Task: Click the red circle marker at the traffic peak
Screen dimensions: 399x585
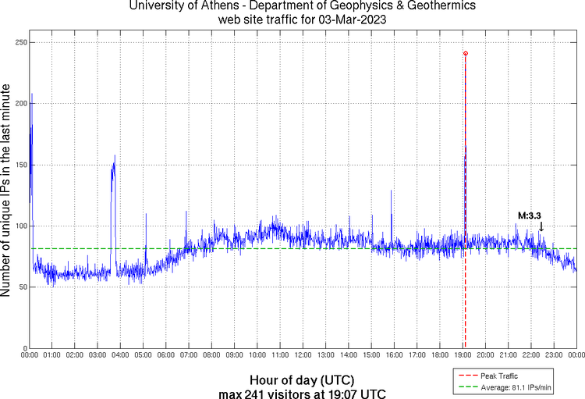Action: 466,53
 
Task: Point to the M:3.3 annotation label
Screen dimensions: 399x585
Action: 530,216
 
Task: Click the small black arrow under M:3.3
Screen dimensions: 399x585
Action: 541,226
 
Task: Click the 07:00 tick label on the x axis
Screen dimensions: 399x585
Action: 189,355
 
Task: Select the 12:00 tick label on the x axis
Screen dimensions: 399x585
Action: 303,355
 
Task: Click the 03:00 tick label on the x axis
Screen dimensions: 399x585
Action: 97,355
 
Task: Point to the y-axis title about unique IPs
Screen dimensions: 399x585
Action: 7,191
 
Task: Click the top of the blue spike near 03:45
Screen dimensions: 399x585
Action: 115,155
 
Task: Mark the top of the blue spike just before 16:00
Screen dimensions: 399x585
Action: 392,191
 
